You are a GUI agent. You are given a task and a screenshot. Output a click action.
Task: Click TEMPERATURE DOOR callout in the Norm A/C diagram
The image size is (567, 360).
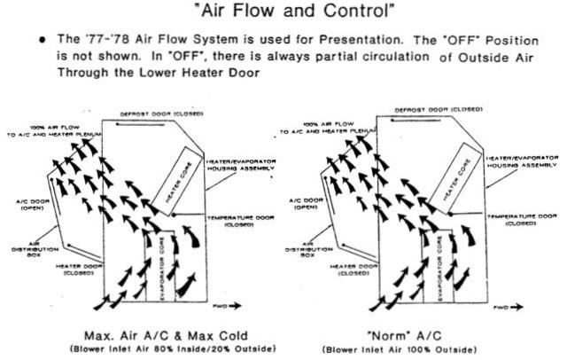[x=524, y=218]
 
